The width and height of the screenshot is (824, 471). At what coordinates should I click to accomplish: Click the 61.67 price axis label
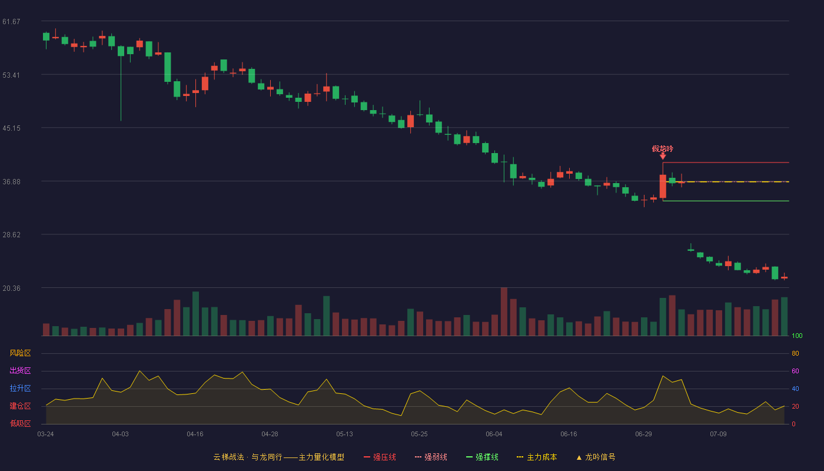coord(11,22)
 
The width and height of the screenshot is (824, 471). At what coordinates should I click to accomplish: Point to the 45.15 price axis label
coord(11,128)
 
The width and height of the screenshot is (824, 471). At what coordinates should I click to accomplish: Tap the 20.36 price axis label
coord(11,288)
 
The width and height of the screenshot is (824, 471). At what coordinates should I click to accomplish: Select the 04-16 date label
coord(195,434)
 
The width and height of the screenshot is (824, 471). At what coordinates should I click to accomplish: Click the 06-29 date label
coord(643,434)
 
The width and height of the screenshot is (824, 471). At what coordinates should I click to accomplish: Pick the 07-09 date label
coord(718,434)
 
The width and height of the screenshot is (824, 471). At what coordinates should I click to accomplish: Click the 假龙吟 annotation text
coord(663,148)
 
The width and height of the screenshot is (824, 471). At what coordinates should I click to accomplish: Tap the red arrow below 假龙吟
coord(663,157)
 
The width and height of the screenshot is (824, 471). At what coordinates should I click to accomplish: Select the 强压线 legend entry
coord(380,457)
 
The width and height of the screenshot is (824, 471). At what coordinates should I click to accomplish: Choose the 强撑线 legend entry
coord(482,457)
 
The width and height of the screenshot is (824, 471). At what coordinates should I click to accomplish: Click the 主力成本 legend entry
coord(537,457)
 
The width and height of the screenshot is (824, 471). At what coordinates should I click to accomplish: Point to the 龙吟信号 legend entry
coord(596,457)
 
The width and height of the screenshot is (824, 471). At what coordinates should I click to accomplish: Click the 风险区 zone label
coord(20,353)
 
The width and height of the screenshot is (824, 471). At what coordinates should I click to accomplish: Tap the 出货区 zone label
coord(20,370)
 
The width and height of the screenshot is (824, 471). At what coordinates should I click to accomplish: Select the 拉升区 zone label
coord(20,388)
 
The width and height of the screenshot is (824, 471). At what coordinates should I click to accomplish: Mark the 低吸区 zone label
coord(20,423)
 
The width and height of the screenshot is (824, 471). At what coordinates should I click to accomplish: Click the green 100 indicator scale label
coord(797,336)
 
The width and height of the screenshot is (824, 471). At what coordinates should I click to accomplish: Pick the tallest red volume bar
coord(504,311)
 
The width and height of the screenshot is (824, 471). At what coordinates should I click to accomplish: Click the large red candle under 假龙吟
coord(663,186)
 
